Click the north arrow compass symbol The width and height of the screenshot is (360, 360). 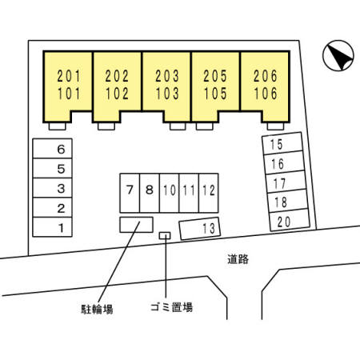338,55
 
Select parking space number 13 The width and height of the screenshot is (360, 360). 200,229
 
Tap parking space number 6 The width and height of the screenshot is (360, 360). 52,149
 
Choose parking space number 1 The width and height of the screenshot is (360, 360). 52,227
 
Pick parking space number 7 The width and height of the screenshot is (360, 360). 130,193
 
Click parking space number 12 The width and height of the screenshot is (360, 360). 209,193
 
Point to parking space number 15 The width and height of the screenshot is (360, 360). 282,143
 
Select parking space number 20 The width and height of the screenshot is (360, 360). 290,220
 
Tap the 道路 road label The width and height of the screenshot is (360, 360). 238,259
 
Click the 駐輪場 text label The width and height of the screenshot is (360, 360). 97,309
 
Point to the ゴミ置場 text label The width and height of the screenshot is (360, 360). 171,307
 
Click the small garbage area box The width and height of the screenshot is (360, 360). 165,235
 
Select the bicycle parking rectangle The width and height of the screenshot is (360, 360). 136,225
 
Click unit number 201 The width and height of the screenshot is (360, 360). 69,76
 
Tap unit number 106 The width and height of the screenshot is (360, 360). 266,94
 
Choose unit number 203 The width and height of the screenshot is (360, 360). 167,76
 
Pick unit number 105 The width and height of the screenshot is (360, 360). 215,94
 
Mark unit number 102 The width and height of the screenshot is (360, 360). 117,94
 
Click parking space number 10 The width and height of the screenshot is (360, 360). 169,193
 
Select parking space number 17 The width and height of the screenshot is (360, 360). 286,182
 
